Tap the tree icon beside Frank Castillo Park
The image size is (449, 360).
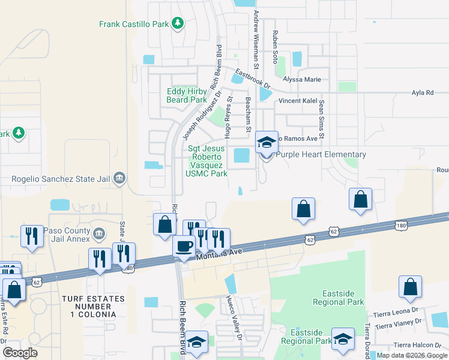(177, 23)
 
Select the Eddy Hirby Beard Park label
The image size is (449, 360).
(186, 95)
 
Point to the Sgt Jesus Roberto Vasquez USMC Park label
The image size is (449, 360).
(207, 161)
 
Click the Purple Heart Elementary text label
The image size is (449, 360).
(316, 154)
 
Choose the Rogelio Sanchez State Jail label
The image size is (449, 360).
(61, 178)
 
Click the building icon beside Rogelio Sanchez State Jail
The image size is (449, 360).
(119, 178)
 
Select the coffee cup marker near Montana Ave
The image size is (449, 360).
(184, 246)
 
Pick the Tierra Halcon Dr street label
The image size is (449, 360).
(417, 345)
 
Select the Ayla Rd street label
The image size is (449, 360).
(422, 93)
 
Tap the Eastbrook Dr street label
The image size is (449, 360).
(253, 79)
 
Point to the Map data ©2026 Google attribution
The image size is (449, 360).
(411, 355)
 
